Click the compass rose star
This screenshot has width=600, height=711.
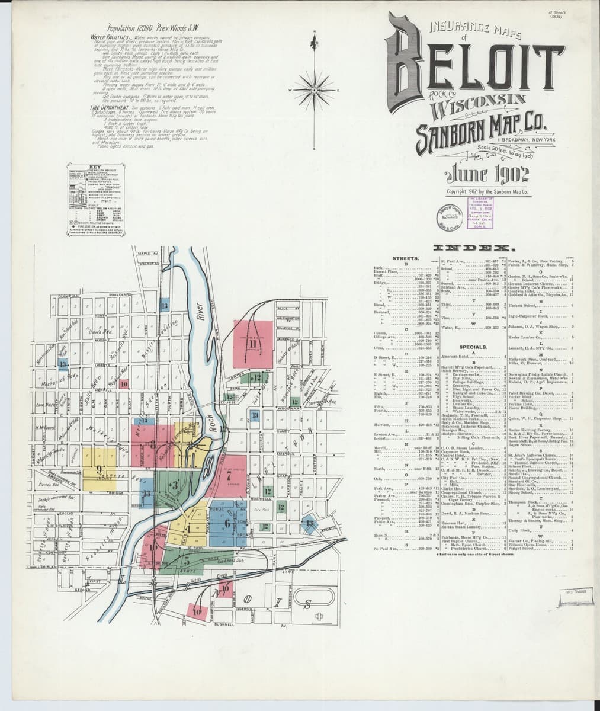pos(315,91)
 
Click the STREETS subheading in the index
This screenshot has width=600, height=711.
pos(406,258)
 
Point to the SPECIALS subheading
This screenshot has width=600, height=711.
pos(473,347)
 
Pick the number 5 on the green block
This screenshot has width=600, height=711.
pos(187,559)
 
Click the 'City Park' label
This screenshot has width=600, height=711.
pos(261,508)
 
